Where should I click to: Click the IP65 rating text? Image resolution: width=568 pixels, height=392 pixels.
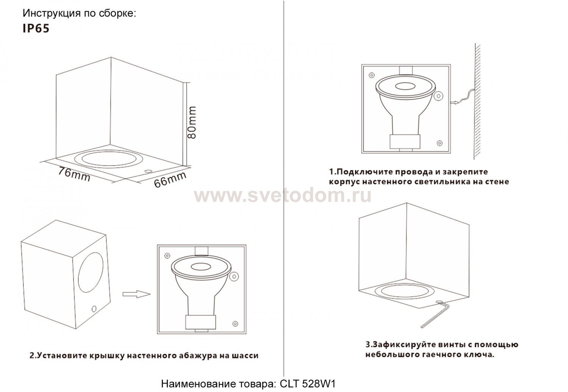[36, 28]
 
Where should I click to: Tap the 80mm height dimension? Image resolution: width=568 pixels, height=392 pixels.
[192, 122]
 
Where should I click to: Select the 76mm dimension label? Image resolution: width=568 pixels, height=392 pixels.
[74, 174]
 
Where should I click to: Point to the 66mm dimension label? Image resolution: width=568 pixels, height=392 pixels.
[170, 180]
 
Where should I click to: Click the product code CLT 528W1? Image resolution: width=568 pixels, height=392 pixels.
[307, 384]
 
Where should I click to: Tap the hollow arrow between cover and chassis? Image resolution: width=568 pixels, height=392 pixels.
[136, 294]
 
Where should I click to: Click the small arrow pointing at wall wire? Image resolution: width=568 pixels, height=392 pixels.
[455, 103]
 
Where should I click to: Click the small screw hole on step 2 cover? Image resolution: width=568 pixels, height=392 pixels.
[94, 309]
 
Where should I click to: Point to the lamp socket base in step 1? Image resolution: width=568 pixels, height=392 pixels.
[405, 142]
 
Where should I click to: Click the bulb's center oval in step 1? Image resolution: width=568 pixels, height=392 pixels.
[405, 86]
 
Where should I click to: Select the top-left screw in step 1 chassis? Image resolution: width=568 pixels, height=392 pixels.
[372, 75]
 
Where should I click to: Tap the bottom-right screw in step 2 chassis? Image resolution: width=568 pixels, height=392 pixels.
[235, 323]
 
